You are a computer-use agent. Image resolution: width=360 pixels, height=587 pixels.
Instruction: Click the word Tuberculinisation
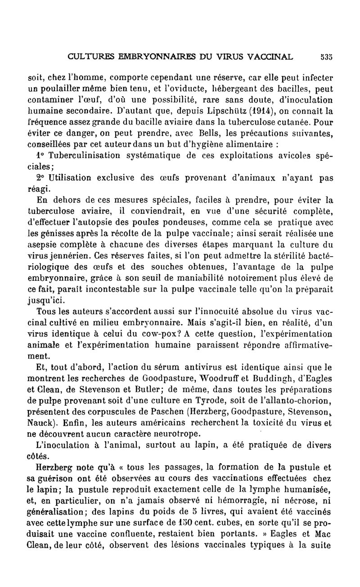(83, 155)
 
